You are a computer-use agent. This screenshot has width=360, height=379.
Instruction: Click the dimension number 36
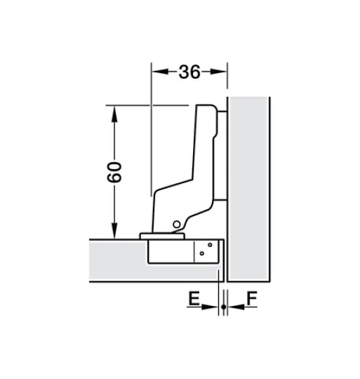pos(189,72)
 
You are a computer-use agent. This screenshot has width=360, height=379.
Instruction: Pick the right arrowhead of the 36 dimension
pos(222,72)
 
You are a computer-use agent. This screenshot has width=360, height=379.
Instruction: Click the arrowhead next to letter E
pos(214,307)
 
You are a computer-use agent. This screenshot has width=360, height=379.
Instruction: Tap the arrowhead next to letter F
pos(232,307)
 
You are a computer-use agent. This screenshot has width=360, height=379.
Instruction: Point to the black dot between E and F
pos(223,307)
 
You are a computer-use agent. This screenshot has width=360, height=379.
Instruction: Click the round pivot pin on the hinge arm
pos(177,225)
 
